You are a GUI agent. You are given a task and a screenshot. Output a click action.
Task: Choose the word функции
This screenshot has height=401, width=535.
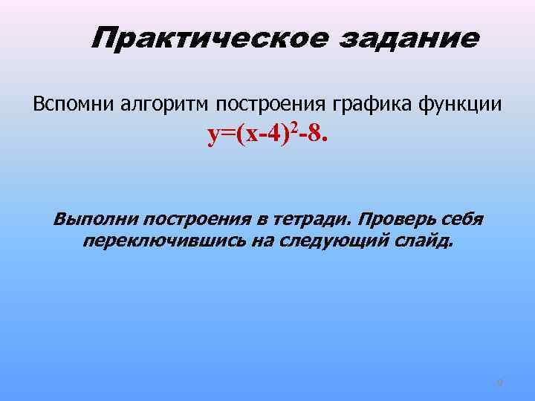tap(466, 104)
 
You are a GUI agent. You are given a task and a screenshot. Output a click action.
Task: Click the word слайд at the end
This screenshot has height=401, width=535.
tap(426, 242)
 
